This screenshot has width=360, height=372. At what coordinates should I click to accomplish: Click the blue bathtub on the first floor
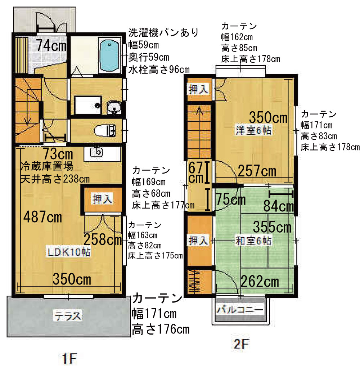[110, 56]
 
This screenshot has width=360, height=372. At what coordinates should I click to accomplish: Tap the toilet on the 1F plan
[105, 130]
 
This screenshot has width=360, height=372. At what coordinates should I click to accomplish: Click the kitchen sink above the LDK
[97, 153]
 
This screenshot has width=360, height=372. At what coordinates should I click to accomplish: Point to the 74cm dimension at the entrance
[51, 46]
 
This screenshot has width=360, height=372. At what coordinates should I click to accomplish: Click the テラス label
[68, 316]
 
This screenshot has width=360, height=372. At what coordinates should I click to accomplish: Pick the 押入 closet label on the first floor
[103, 198]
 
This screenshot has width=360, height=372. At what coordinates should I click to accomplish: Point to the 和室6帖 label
[253, 240]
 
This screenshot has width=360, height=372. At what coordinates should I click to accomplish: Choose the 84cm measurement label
[279, 206]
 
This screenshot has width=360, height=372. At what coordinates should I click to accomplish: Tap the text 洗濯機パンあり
[163, 33]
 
